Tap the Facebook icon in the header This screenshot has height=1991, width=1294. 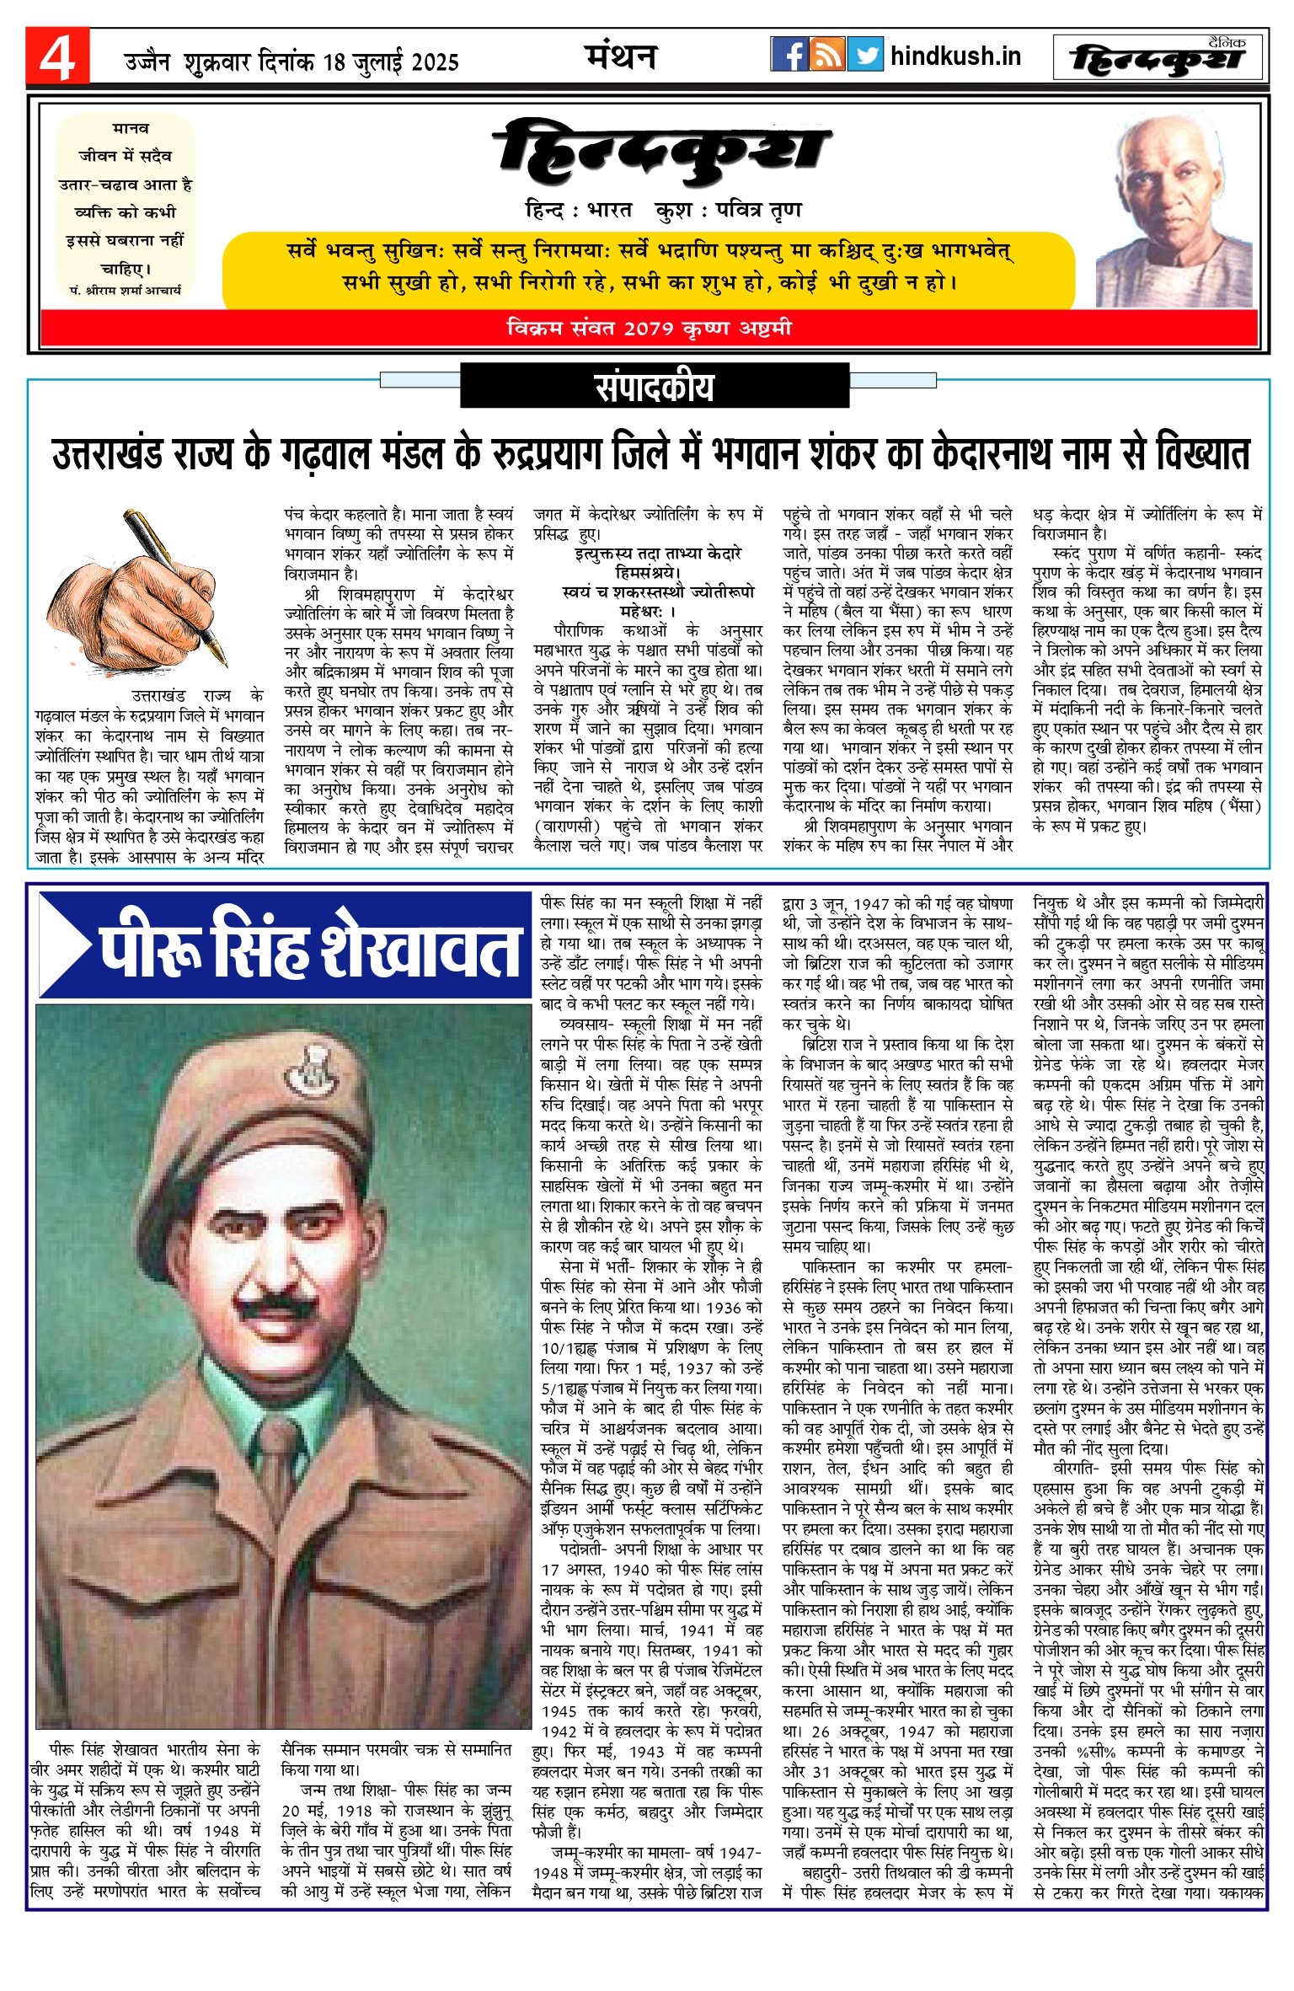[789, 54]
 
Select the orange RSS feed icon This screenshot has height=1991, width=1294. [826, 54]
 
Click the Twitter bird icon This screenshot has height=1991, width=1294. [864, 54]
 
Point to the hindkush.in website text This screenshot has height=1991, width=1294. [955, 56]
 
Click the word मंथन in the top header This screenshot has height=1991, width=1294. [621, 56]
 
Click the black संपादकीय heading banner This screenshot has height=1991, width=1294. [654, 387]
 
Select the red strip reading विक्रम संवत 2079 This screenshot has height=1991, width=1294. [649, 328]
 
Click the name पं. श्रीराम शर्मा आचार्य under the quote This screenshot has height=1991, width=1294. [126, 290]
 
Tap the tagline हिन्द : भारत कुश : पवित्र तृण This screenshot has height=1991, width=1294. [663, 211]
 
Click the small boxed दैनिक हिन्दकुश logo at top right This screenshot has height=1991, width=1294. [1158, 57]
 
